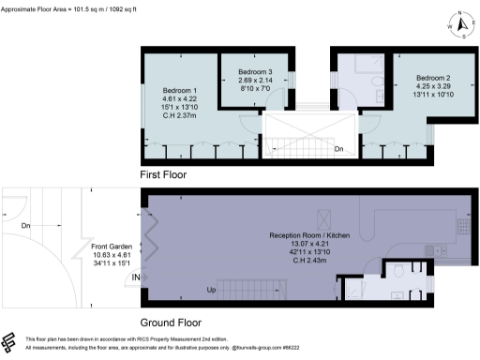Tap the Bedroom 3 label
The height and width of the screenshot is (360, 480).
coord(254,72)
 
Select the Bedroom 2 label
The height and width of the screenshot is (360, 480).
coord(434,78)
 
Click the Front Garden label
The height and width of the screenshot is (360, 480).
coord(111,247)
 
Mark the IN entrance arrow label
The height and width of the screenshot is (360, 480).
coord(136,277)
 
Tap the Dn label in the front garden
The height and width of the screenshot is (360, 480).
coord(26,226)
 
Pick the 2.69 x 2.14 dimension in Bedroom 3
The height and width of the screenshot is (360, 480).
coord(254,81)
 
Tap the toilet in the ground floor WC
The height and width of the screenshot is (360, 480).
coord(398,272)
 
